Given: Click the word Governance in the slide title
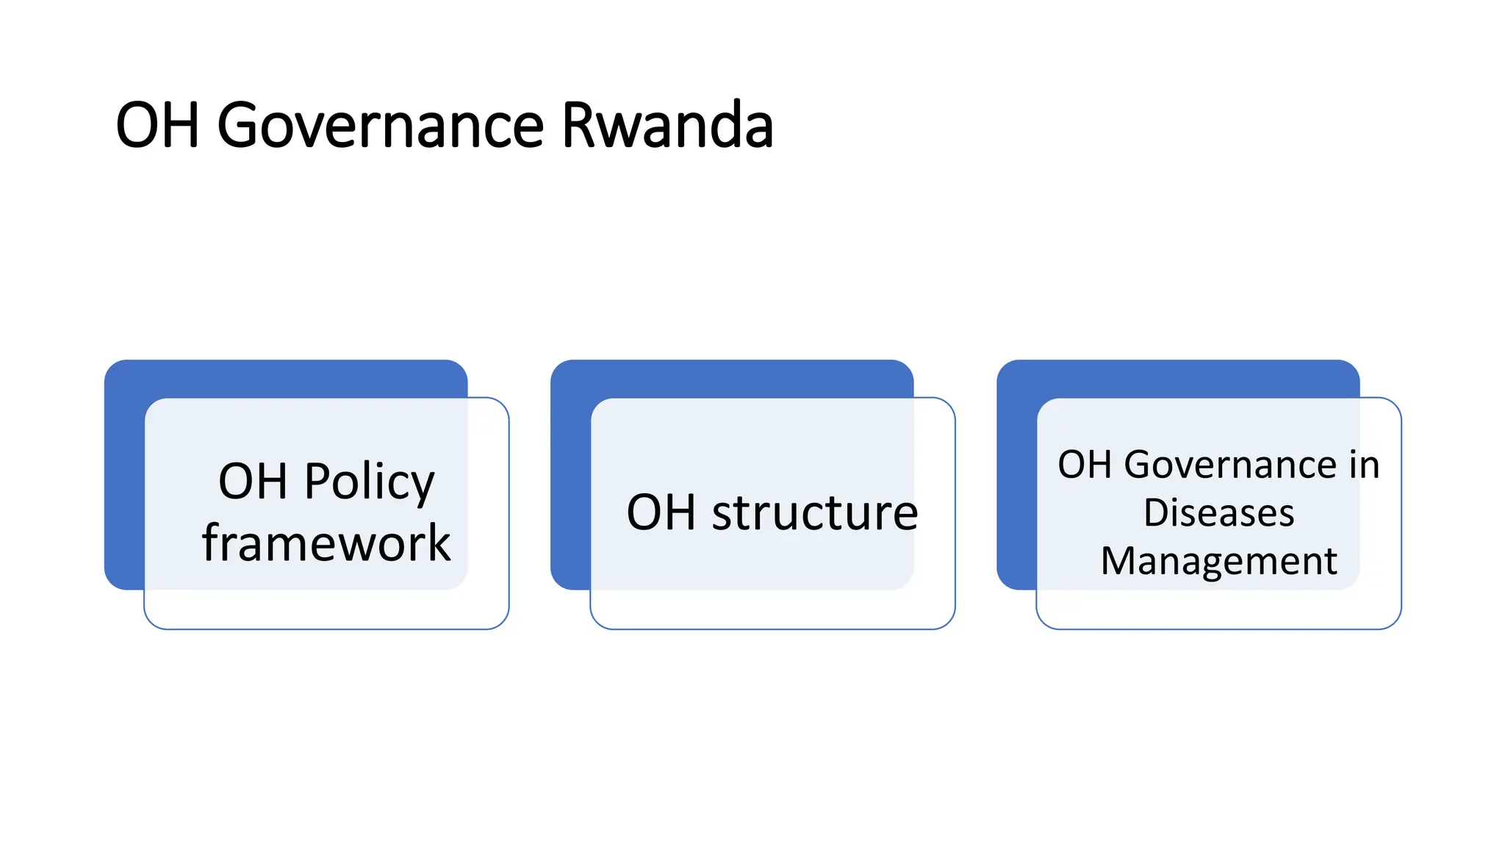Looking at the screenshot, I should [x=380, y=125].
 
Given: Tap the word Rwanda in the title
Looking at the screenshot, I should [x=667, y=125].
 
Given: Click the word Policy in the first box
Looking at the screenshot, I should [x=370, y=482].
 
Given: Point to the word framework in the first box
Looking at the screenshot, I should [x=326, y=543].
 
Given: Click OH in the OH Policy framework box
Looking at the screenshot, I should [x=253, y=482].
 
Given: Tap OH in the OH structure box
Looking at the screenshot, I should [x=661, y=512].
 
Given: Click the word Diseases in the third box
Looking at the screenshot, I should [x=1218, y=512].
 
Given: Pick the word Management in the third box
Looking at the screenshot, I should [x=1218, y=561].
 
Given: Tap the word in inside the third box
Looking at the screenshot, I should [x=1365, y=465].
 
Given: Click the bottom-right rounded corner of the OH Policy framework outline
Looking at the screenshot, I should [x=502, y=622].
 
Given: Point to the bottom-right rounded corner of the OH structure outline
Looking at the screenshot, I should [x=948, y=622].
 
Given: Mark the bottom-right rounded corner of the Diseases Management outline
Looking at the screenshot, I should [x=1394, y=622].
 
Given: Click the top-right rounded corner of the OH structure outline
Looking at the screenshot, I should [x=948, y=405].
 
